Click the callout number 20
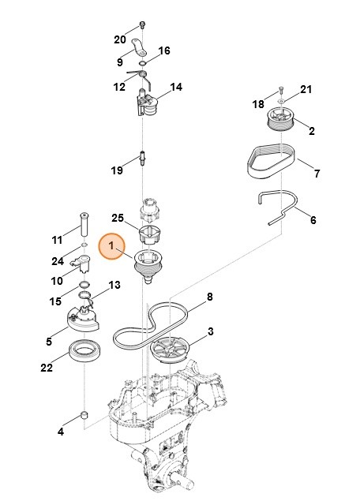[x=119, y=39]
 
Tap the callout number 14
[x=176, y=88]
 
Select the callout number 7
[x=316, y=173]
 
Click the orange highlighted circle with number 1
[x=112, y=247]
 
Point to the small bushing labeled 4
[x=84, y=416]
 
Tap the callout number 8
[x=210, y=297]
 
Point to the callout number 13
[x=114, y=285]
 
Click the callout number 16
[x=164, y=51]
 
